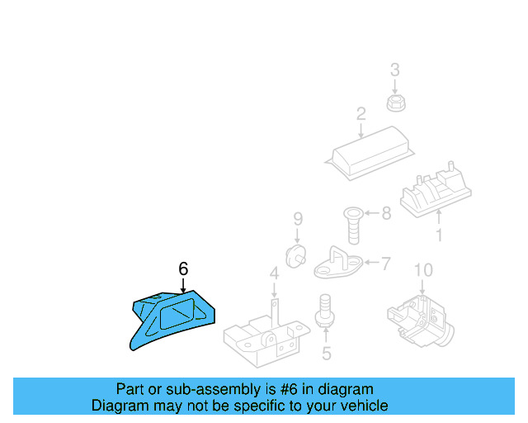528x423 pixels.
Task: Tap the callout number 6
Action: point(183,269)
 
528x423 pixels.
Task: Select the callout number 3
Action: point(394,69)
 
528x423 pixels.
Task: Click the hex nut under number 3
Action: point(394,102)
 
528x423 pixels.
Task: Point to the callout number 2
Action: point(361,114)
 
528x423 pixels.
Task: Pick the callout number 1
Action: point(438,235)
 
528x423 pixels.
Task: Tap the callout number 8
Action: point(385,214)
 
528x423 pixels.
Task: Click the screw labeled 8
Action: point(351,223)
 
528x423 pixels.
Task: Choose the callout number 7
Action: point(385,264)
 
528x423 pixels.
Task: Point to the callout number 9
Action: point(298,219)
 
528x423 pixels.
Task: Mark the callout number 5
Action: point(326,354)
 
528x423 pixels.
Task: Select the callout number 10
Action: point(422,269)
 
